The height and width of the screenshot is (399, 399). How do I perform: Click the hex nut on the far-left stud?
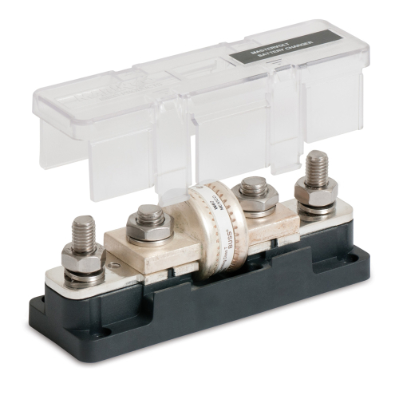pyautogui.click(x=82, y=257)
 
